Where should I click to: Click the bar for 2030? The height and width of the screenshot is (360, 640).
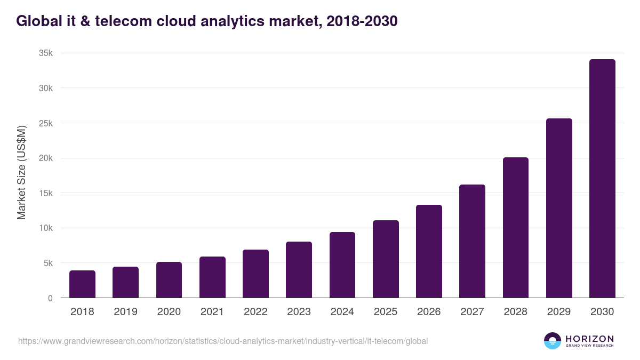point(602,179)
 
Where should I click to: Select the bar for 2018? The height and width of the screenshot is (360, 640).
point(82,284)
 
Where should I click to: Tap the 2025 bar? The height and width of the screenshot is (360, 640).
point(386,259)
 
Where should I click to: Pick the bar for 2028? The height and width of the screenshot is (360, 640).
point(516,228)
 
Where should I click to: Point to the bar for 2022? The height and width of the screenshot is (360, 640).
point(255,274)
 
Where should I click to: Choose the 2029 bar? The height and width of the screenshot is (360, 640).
point(559,208)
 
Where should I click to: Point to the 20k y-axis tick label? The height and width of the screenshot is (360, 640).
point(46,158)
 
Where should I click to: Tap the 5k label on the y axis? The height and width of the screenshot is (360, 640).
point(48,263)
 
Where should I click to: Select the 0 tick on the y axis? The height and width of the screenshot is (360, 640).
point(50,298)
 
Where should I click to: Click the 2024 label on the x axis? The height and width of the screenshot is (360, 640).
point(342,312)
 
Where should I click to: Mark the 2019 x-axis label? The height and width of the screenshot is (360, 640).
point(125,312)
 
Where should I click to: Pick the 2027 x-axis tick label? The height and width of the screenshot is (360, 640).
point(472,312)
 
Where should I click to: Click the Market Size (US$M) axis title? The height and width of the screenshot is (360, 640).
point(21,173)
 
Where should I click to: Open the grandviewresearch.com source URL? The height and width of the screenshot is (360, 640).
point(223,341)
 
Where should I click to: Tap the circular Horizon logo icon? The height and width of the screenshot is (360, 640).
point(553,341)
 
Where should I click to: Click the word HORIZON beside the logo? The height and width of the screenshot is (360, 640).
point(589,339)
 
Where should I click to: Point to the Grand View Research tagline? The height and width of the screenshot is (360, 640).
point(589,346)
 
